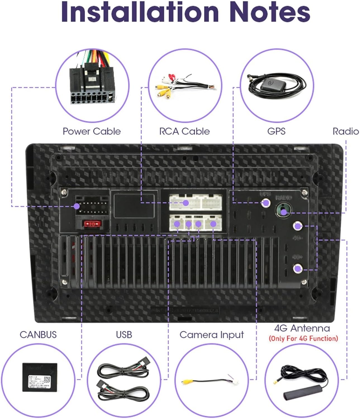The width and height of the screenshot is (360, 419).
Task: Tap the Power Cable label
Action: click(x=92, y=131)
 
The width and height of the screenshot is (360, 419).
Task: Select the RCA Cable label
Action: click(x=184, y=131)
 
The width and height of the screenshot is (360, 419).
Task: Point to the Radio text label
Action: click(x=345, y=131)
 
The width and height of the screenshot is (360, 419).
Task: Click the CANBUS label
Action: click(x=38, y=334)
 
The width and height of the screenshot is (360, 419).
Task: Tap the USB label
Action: click(x=124, y=334)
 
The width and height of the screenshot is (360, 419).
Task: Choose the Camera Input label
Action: click(x=212, y=334)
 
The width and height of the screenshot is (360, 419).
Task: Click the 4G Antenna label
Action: click(x=302, y=328)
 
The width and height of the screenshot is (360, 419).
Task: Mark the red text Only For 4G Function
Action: click(x=303, y=339)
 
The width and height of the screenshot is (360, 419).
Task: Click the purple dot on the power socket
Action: click(x=76, y=206)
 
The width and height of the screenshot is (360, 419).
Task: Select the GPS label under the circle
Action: click(x=276, y=131)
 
